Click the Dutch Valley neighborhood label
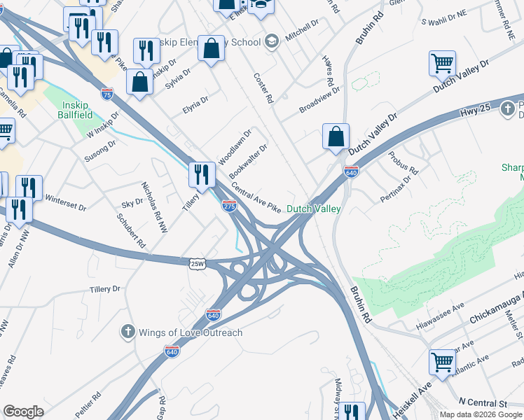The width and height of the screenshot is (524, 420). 314,209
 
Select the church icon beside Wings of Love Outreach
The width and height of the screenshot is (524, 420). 127,332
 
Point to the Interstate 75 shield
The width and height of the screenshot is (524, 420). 107,92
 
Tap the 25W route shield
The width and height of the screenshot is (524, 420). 198,263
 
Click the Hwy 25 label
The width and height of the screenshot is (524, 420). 474,111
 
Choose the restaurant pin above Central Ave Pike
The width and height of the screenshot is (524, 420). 202,175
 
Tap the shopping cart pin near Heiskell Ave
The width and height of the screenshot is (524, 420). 443,363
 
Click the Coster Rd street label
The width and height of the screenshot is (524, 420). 263,89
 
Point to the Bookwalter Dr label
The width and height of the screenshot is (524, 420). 248,161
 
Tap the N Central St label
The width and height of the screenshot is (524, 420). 482,404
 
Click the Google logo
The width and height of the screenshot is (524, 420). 23,412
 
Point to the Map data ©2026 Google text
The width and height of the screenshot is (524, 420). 481,414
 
